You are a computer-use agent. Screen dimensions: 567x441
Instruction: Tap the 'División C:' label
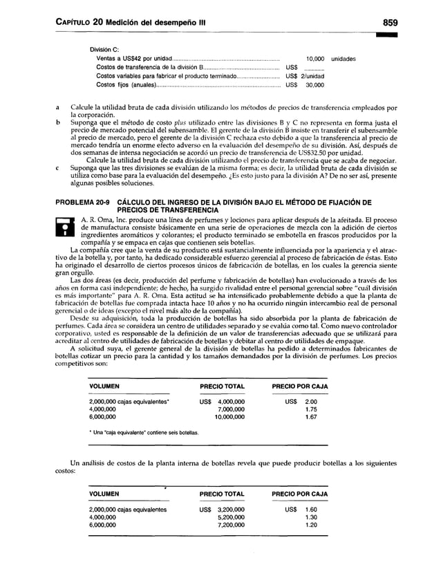104,49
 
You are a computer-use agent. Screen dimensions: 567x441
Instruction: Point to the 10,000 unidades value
330,59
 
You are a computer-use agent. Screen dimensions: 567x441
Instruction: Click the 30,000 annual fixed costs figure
315,86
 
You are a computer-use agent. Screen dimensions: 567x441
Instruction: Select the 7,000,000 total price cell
231,409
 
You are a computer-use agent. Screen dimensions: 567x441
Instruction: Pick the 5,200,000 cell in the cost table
231,518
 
